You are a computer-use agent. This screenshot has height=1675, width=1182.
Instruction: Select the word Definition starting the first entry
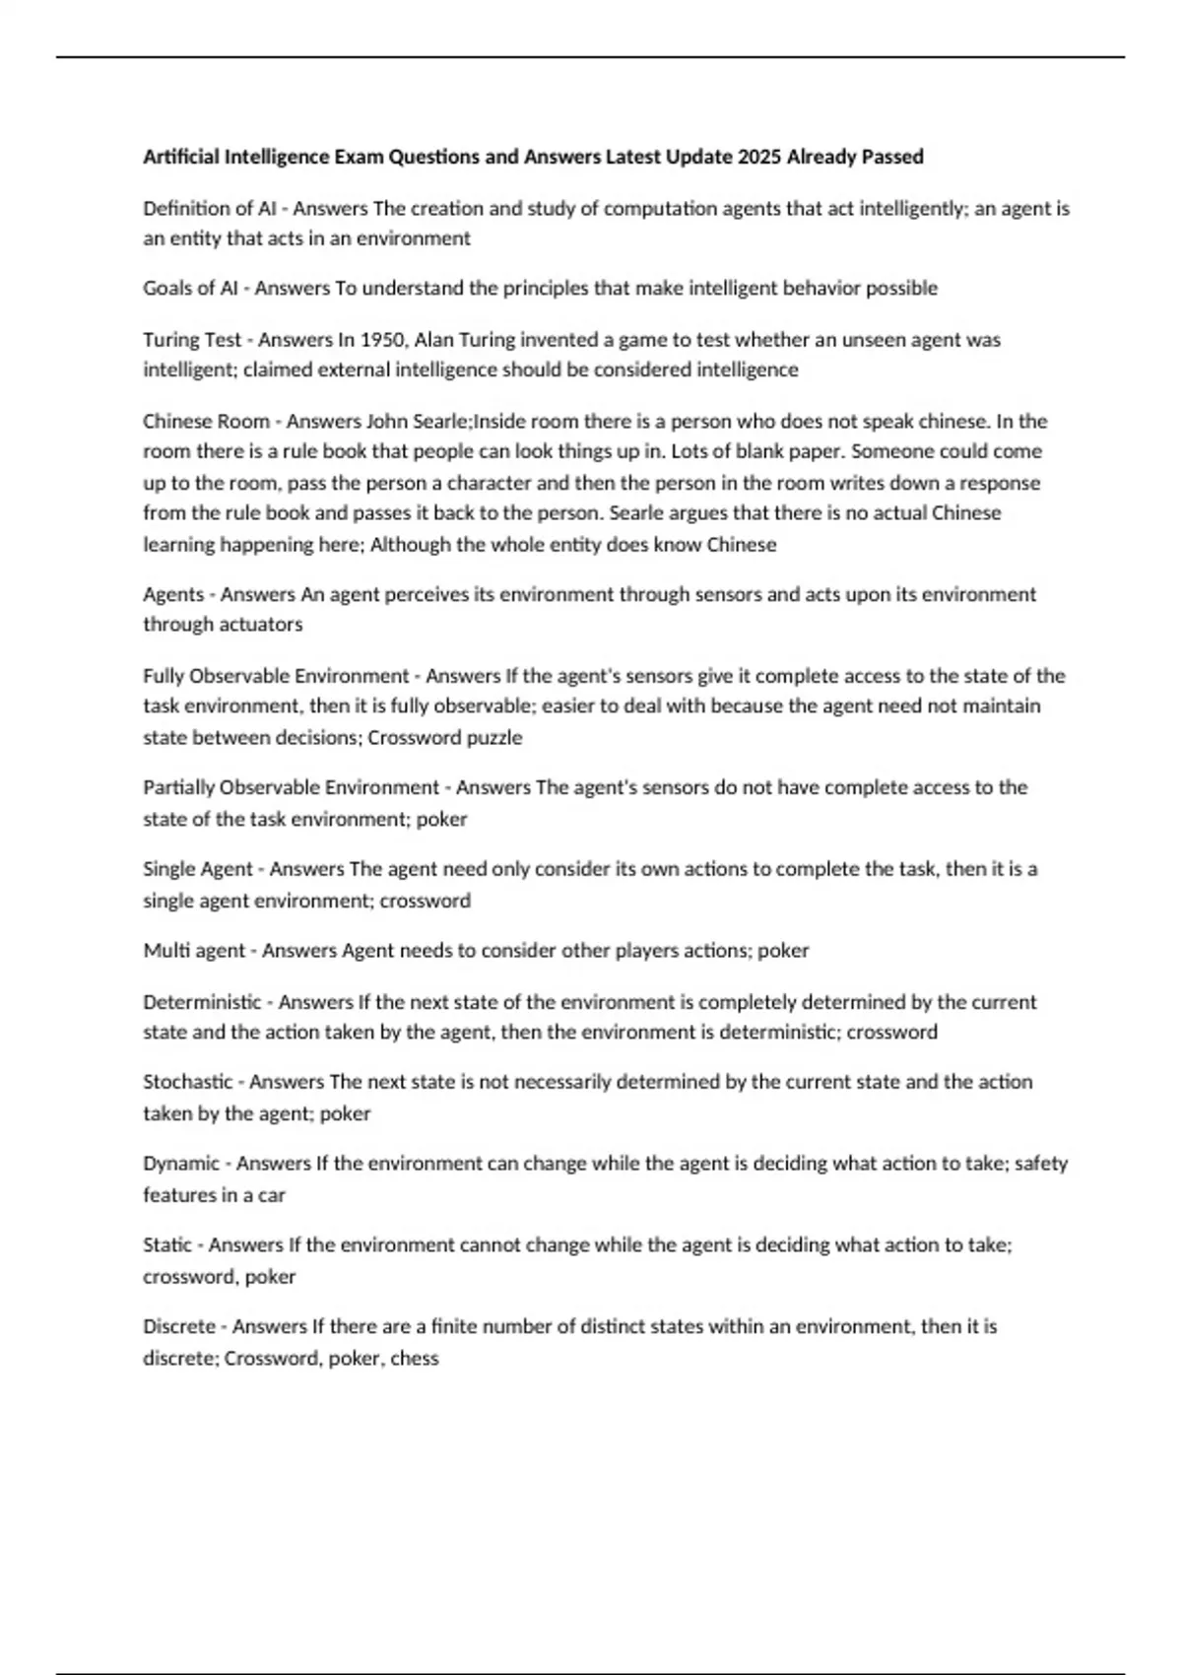point(185,208)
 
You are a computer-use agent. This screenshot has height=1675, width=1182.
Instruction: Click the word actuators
point(260,625)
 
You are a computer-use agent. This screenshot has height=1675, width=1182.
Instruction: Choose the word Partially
point(179,787)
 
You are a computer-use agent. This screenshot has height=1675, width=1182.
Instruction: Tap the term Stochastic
point(187,1082)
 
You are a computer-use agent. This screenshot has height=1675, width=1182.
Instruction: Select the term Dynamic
point(181,1164)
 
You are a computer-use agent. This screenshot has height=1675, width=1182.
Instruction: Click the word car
point(272,1195)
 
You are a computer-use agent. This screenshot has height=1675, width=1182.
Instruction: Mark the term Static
point(167,1245)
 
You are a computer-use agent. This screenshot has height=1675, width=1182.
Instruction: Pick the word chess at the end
point(415,1359)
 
